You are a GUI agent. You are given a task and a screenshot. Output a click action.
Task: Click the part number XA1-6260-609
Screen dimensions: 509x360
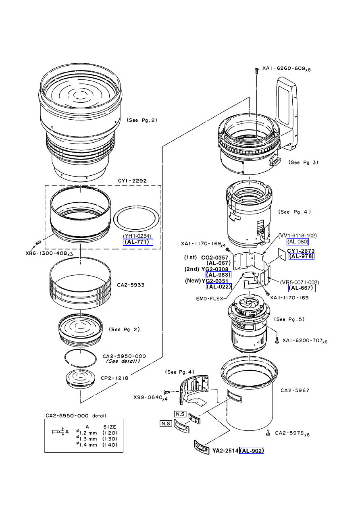click(284, 69)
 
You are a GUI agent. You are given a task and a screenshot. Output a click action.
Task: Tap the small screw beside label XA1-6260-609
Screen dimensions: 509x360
click(257, 71)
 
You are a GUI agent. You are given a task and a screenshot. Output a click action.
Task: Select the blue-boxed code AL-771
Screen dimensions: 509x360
click(136, 242)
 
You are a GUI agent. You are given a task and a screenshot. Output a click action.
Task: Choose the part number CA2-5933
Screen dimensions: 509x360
click(131, 285)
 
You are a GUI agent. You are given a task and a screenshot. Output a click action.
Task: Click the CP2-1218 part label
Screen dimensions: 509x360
click(114, 378)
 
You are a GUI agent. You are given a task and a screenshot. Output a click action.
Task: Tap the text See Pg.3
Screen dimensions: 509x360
click(303, 162)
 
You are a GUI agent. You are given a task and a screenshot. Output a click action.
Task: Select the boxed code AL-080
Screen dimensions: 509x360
click(298, 242)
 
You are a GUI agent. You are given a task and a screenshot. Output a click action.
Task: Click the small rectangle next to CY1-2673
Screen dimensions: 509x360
click(281, 255)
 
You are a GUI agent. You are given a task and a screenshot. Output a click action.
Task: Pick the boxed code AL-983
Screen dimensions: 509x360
click(218, 275)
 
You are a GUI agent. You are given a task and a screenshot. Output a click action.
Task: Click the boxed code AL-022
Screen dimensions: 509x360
click(219, 287)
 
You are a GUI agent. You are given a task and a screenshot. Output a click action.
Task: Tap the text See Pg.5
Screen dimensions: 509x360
click(289, 319)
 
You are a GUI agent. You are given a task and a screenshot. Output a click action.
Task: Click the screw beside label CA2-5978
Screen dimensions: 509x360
click(268, 433)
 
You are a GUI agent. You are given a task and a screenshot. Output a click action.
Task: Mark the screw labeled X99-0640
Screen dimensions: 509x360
click(166, 392)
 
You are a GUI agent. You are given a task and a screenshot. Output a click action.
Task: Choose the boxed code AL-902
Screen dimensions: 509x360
click(252, 451)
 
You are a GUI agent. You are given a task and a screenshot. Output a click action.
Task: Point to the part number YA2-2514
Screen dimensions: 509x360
click(225, 451)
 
